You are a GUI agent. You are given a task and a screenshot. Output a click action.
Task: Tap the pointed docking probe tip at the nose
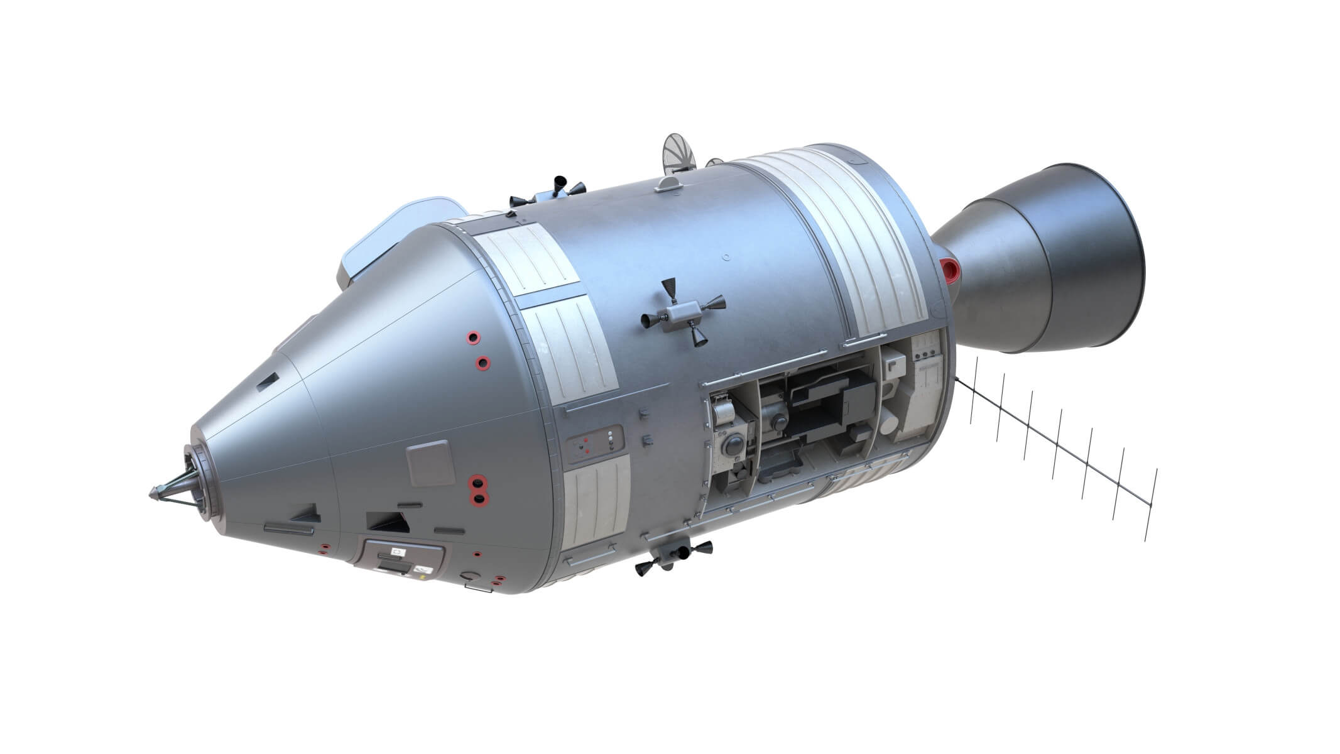pos(153,493)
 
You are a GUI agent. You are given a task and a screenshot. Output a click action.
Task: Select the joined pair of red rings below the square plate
pos(479,491)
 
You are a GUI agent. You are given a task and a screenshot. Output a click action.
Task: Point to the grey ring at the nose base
pos(201,481)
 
